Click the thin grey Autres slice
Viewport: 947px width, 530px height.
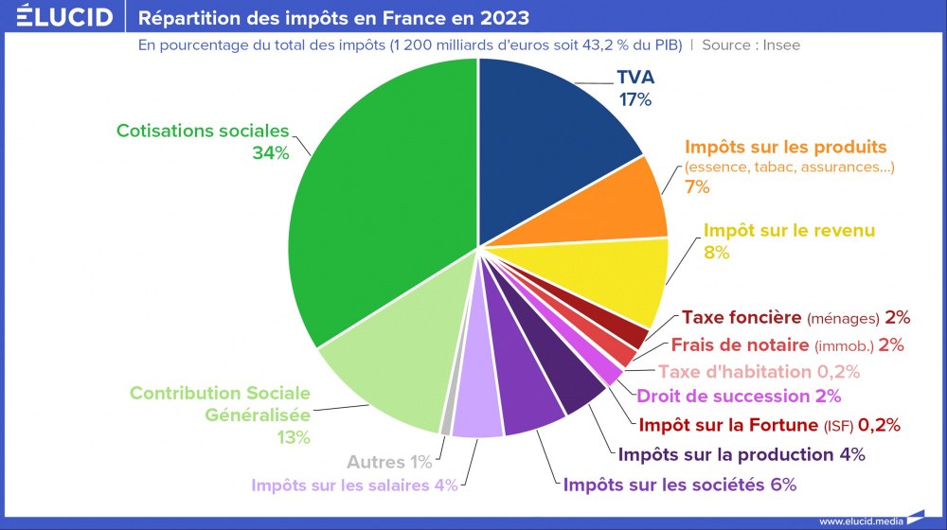pyautogui.click(x=446, y=426)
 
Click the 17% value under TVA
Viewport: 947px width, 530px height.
pyautogui.click(x=635, y=100)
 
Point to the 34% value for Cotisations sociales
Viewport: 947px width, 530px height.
pyautogui.click(x=270, y=152)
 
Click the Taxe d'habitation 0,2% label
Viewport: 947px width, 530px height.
pyautogui.click(x=745, y=371)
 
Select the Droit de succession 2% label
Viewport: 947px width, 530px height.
pyautogui.click(x=739, y=396)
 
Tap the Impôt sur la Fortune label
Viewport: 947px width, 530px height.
pyautogui.click(x=728, y=425)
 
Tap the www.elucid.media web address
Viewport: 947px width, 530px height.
pyautogui.click(x=860, y=520)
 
